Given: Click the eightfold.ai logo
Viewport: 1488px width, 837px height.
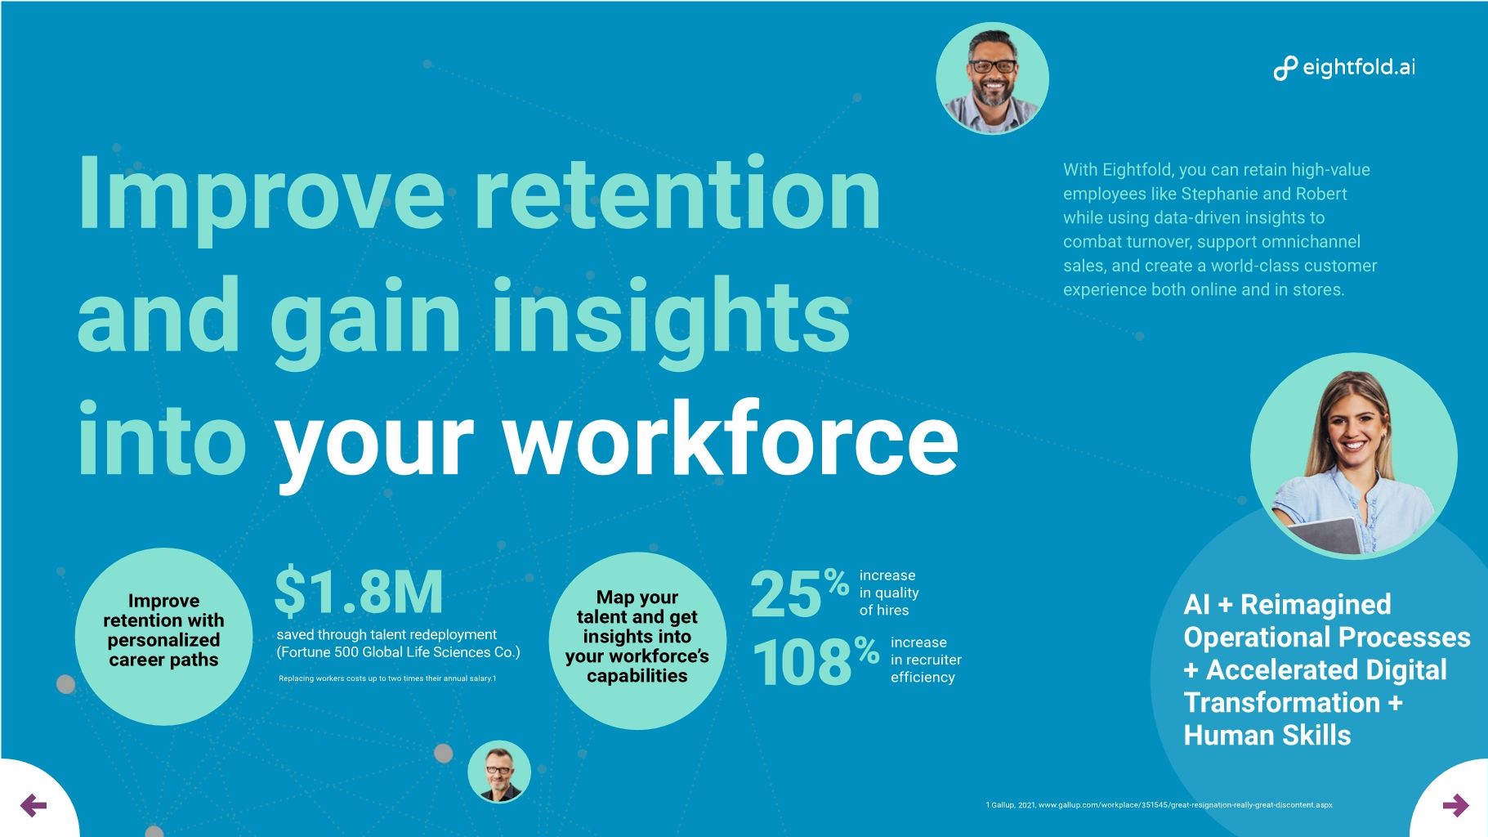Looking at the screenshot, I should pos(1344,68).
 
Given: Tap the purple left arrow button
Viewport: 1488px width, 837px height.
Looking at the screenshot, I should pos(34,805).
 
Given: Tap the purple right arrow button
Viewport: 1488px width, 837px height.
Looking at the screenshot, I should pos(1455,806).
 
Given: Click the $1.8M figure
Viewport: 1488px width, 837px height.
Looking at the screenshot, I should pos(359,592).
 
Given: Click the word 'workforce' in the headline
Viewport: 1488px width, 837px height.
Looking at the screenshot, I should pos(730,441).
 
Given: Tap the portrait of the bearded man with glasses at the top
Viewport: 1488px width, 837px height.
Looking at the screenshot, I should pos(992,78).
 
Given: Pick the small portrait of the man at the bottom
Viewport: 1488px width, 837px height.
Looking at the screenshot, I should pos(499,772).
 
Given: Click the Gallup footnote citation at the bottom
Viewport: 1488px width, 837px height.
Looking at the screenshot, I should pos(1159,805).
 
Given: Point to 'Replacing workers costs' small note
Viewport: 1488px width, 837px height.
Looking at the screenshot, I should pos(387,678).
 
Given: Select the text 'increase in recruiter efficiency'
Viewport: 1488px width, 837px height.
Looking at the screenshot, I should pos(925,660).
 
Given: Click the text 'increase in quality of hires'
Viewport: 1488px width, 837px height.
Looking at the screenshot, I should pos(888,593).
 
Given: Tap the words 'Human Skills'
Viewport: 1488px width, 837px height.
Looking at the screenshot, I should pos(1267,735).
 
